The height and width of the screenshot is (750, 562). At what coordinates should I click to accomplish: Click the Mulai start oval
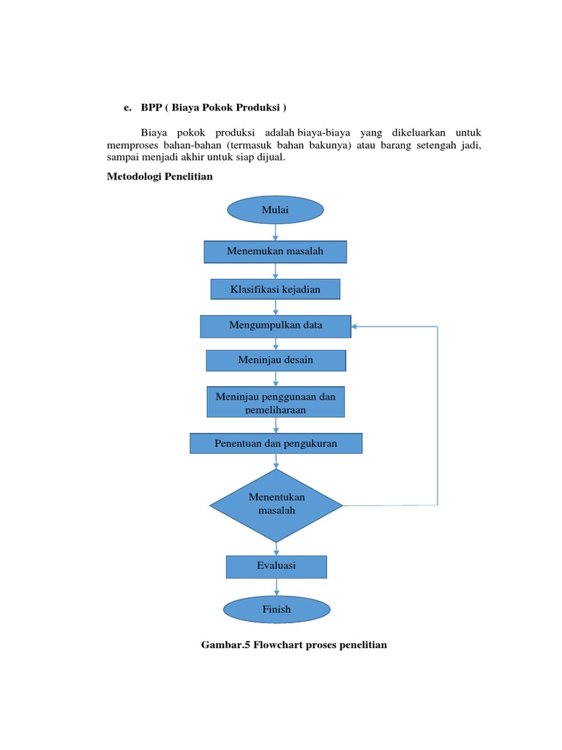tap(275, 210)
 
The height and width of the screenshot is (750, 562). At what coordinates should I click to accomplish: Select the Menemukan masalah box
tap(275, 252)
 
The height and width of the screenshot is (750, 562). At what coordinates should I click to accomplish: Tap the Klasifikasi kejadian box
tap(275, 289)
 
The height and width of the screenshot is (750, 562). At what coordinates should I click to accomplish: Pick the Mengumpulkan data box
tap(275, 326)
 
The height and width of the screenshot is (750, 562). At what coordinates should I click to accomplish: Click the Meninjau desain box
tap(275, 360)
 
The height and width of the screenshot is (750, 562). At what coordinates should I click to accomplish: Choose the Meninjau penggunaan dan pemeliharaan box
tap(275, 402)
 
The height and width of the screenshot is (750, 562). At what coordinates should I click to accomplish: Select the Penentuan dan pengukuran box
tap(275, 443)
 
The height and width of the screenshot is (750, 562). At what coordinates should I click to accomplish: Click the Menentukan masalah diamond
tap(276, 505)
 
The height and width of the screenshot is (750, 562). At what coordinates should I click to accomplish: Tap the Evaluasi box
tap(276, 566)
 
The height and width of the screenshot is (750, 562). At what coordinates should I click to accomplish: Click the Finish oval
tap(276, 609)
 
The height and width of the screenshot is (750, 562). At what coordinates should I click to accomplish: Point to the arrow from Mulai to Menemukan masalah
tap(276, 232)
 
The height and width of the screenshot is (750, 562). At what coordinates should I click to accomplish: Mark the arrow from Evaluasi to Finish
tap(277, 587)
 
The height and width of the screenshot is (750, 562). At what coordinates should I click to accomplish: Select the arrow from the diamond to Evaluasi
tap(277, 548)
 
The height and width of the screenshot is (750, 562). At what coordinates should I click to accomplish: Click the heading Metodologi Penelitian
tap(160, 177)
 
